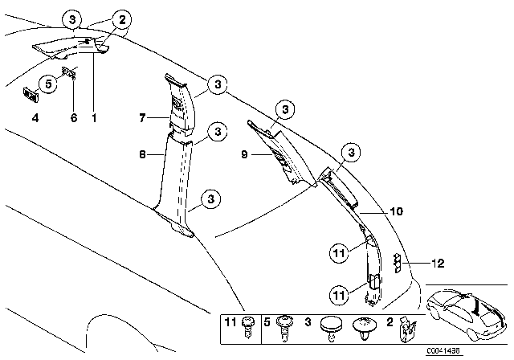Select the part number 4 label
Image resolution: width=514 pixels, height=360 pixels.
pyautogui.click(x=35, y=118)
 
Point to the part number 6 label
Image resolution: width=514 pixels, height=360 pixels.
pyautogui.click(x=73, y=118)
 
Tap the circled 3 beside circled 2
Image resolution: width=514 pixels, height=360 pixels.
pyautogui.click(x=73, y=18)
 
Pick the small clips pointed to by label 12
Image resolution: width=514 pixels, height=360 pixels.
pyautogui.click(x=399, y=262)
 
